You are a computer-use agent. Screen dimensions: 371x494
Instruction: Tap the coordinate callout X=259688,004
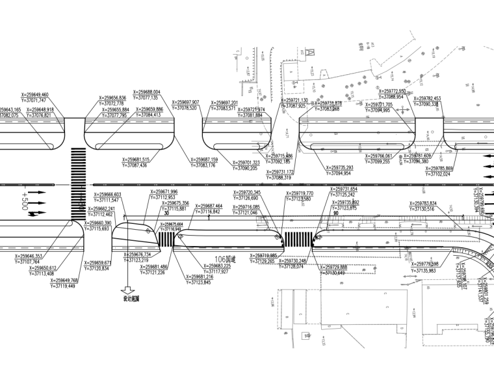point(146,92)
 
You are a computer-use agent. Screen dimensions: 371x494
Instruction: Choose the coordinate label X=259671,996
point(163,192)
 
